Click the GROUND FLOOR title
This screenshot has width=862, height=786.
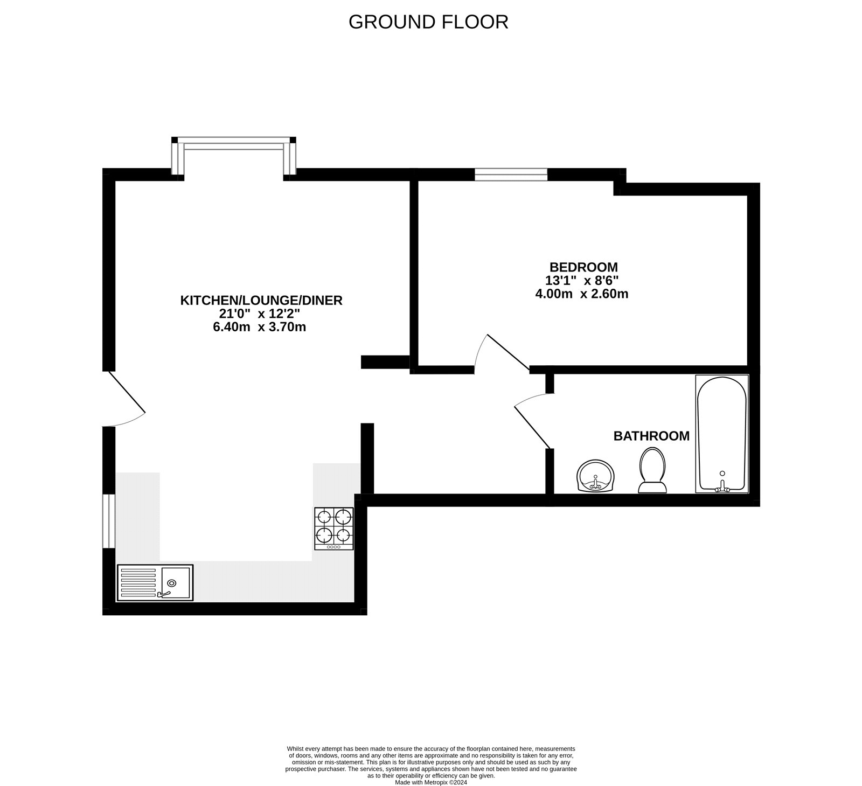(428, 22)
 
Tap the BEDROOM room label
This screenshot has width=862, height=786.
(583, 267)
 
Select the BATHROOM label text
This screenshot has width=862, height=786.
(651, 436)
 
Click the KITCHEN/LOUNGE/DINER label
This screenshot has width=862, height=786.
(261, 300)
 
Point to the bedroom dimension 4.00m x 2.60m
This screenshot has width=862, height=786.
(582, 294)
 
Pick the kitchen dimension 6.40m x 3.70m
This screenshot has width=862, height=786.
(260, 327)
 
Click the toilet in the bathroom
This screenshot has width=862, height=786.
(652, 470)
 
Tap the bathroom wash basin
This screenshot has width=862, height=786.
(595, 476)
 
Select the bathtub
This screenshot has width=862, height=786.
(722, 434)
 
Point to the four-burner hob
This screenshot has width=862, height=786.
(334, 528)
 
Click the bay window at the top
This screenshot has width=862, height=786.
(234, 156)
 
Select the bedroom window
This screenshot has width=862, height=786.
(511, 174)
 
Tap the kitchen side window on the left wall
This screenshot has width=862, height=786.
(109, 520)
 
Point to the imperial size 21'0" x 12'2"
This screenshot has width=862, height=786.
(260, 314)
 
